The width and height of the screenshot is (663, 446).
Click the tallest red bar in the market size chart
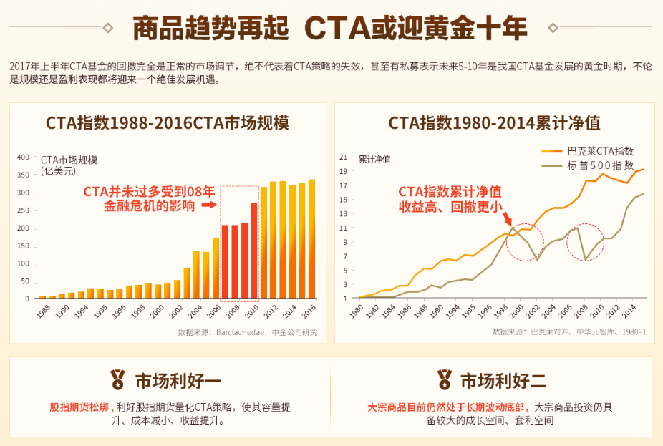[x=253, y=251]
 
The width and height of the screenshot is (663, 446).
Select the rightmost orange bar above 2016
[x=311, y=238]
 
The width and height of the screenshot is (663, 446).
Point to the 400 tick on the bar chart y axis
[x=23, y=157]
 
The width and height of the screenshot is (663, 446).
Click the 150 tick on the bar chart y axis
[x=23, y=246]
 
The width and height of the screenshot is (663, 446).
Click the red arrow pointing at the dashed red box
[x=208, y=205]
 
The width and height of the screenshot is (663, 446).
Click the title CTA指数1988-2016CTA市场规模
[x=168, y=122]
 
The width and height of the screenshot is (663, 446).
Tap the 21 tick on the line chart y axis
[x=343, y=157]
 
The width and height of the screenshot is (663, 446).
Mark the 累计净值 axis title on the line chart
[x=375, y=159]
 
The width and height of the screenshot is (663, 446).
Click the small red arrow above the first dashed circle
[x=506, y=218]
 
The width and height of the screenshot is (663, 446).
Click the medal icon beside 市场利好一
[x=117, y=379]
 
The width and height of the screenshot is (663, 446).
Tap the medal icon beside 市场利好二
[x=445, y=379]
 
